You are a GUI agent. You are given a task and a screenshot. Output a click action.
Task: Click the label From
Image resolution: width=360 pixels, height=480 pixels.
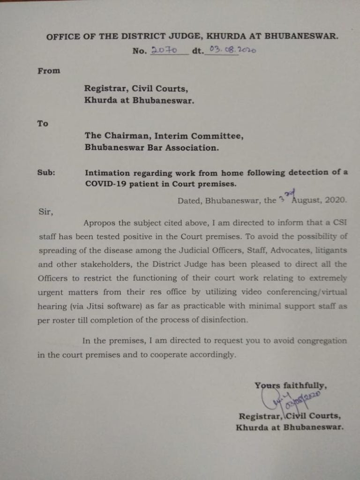click(x=49, y=71)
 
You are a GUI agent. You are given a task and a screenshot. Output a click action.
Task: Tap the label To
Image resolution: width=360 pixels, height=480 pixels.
click(x=43, y=123)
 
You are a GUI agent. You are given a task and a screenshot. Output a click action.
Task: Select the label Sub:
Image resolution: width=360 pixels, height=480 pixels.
click(x=46, y=172)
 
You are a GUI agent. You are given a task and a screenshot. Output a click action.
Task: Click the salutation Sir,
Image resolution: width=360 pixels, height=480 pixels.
click(x=45, y=211)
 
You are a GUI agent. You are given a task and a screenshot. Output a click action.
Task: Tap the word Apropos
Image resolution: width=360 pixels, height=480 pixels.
click(x=98, y=222)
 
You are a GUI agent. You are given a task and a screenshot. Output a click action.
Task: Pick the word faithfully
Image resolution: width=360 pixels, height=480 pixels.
click(x=304, y=385)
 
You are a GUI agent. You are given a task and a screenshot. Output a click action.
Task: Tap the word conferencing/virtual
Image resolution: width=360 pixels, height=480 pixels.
click(x=307, y=292)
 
